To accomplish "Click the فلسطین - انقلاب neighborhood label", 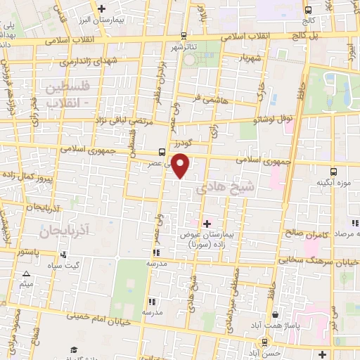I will point(66,97).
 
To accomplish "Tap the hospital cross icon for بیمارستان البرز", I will point(103,9).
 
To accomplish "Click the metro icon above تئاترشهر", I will point(184,35).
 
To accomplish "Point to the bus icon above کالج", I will point(309,10).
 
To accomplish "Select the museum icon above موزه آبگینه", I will point(333,171).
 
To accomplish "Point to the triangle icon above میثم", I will point(26,274).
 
